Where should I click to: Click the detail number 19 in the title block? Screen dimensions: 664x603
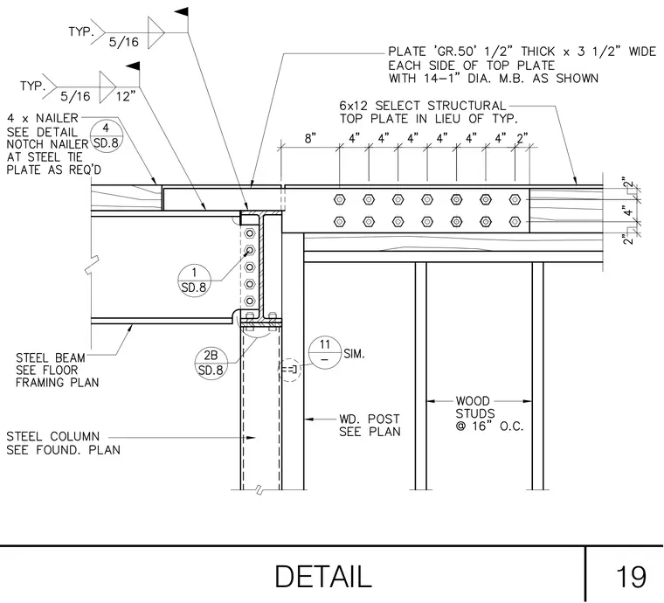[x=631, y=577]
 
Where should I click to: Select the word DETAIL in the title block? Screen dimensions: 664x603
[x=323, y=576]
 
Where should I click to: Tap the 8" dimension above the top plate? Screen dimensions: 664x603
[x=310, y=138]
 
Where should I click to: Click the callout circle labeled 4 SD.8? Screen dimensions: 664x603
[x=106, y=136]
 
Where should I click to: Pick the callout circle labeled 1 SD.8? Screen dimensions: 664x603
[x=194, y=281]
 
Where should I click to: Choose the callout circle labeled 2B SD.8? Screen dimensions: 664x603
[x=211, y=363]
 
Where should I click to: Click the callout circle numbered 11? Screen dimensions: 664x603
[x=325, y=352]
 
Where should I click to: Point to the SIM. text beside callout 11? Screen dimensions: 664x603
[x=354, y=354]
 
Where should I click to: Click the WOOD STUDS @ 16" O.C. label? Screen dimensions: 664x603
[x=489, y=413]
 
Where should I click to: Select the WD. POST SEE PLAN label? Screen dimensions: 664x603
[x=370, y=425]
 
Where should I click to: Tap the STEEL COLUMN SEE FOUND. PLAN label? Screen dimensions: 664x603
[x=63, y=443]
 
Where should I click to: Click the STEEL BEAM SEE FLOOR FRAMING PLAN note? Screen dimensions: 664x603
[x=57, y=370]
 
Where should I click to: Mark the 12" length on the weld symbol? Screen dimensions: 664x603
[x=126, y=96]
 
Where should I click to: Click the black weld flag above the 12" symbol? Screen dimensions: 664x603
[x=133, y=66]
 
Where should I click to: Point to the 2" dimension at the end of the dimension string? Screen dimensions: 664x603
[x=522, y=138]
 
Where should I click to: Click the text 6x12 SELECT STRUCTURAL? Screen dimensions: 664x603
[x=423, y=106]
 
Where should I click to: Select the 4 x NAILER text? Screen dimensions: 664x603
[x=43, y=118]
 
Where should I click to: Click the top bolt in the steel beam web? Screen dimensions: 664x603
[x=250, y=233]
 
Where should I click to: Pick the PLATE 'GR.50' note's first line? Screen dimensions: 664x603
[x=522, y=52]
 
